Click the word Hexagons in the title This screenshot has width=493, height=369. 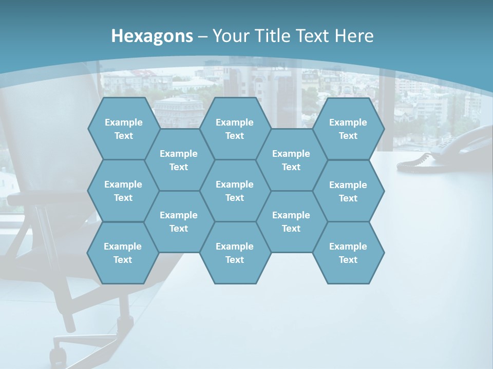tap(152, 36)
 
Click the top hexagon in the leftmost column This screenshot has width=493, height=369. tap(123, 129)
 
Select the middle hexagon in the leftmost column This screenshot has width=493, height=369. tap(123, 191)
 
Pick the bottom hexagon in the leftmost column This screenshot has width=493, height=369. tap(123, 253)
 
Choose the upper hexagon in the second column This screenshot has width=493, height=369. tap(179, 160)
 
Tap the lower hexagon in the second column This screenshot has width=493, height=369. tap(179, 221)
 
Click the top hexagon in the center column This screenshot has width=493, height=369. tap(235, 129)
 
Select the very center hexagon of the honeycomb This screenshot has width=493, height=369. tap(235, 191)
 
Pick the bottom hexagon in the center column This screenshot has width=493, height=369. tap(235, 253)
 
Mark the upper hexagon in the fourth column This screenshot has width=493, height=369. tap(291, 160)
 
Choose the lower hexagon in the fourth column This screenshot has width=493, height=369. tap(291, 221)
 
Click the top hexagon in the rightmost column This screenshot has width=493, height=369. tap(348, 129)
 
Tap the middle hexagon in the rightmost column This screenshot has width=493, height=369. tap(348, 191)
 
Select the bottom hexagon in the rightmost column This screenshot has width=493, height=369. tap(348, 253)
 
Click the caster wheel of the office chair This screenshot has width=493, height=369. tap(58, 356)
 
